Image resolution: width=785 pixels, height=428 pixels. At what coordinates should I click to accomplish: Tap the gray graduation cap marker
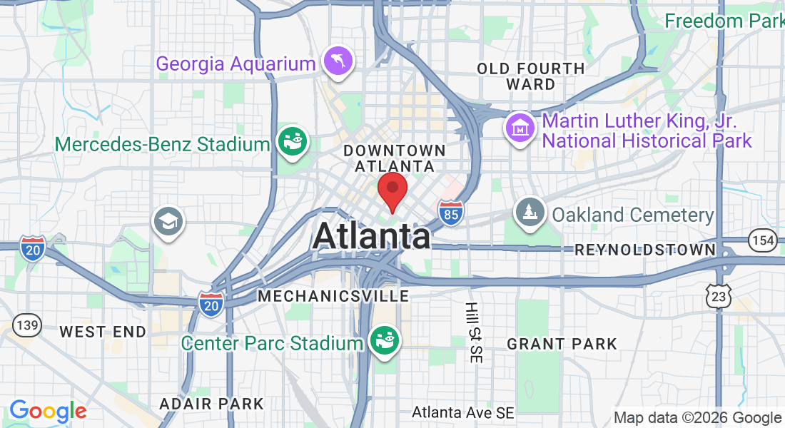[x=168, y=221]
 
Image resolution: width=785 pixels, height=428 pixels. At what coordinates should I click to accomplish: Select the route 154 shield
[x=763, y=241]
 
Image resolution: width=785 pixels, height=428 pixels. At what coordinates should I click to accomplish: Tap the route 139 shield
[x=26, y=325]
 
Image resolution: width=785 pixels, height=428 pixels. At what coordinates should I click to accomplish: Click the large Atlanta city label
[x=371, y=236]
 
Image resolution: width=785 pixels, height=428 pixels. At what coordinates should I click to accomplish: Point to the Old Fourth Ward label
[x=530, y=76]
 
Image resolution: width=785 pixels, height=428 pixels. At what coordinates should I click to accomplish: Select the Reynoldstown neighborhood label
[x=645, y=250]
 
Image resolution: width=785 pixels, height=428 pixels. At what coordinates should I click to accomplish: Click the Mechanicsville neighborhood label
[x=334, y=295]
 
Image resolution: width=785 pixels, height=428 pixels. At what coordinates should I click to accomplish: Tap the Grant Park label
[x=562, y=345]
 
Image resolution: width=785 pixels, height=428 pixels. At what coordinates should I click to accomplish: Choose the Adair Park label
[x=211, y=404]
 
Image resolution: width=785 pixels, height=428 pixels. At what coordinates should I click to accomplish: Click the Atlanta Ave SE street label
[x=463, y=412]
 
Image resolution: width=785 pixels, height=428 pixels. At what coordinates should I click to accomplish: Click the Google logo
[x=48, y=411]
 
